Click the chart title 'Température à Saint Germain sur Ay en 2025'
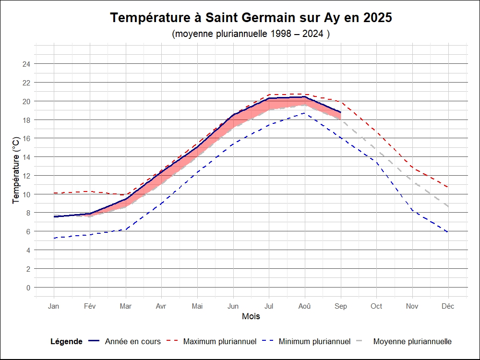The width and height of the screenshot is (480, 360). coord(251,18)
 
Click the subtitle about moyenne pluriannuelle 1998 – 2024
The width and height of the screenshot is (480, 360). coord(251,34)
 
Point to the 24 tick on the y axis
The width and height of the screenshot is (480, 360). coord(27,64)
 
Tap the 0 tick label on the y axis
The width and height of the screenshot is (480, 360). coord(28,288)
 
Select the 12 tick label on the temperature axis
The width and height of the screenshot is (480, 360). coord(27,176)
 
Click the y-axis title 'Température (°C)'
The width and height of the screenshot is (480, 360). coord(16,170)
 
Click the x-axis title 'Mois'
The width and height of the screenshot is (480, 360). coord(251,316)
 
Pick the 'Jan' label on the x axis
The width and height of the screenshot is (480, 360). coord(54,306)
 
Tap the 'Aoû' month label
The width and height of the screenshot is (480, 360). coord(304,306)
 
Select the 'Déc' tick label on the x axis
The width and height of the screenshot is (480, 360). coord(448,306)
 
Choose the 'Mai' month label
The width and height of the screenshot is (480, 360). coord(197,306)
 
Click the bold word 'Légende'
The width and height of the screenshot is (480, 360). coord(66,342)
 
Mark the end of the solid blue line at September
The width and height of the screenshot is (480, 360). coord(340,112)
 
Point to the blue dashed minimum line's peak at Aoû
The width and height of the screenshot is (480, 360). coord(304,113)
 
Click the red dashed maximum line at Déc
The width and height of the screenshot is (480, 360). coord(448,187)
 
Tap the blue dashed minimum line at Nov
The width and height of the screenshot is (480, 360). coord(412,211)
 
